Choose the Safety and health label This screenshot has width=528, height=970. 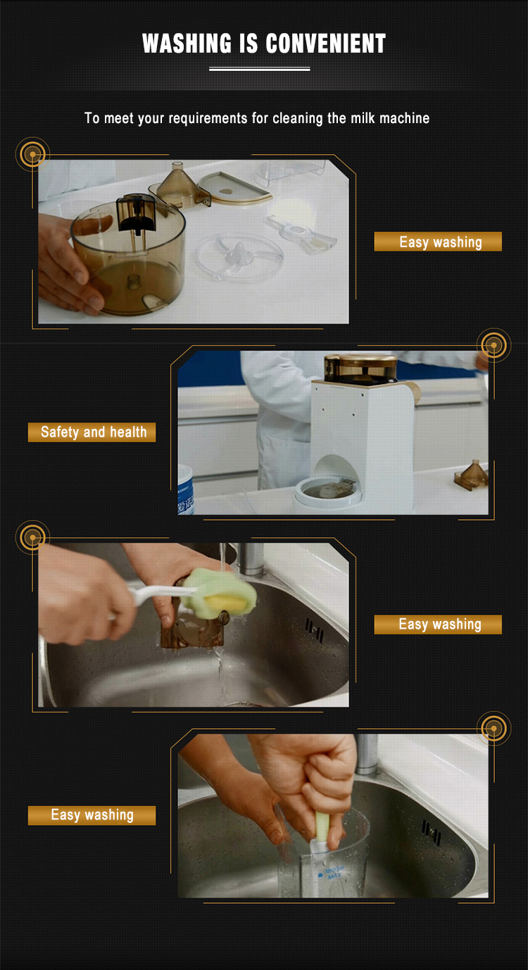click(92, 432)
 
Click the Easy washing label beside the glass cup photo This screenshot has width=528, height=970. click(92, 815)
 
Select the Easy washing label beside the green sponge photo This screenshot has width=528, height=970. click(438, 625)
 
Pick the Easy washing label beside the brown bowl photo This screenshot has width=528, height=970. click(438, 242)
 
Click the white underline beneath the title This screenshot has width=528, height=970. click(260, 69)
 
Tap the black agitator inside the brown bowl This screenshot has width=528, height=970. click(133, 214)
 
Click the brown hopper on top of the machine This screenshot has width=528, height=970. click(359, 369)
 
